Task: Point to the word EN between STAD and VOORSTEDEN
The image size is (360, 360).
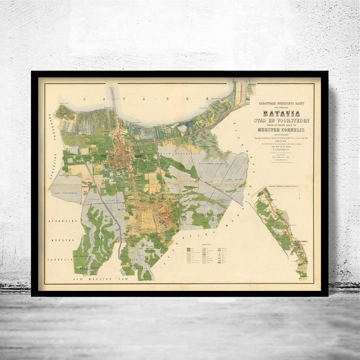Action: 278,120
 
